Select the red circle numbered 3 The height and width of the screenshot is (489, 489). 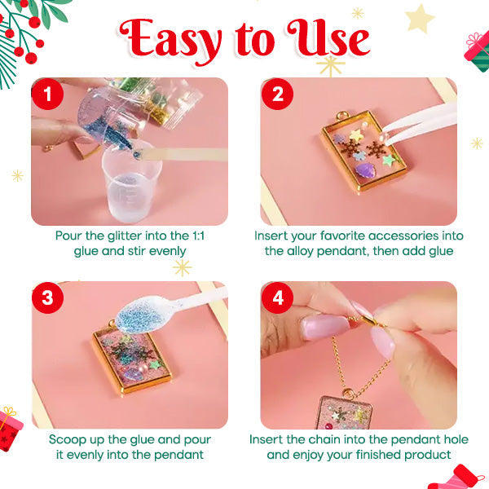pyautogui.click(x=48, y=297)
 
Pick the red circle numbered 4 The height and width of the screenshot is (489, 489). pyautogui.click(x=278, y=297)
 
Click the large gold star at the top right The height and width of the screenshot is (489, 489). pyautogui.click(x=420, y=19)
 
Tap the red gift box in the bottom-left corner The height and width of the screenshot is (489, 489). pyautogui.click(x=10, y=428)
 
